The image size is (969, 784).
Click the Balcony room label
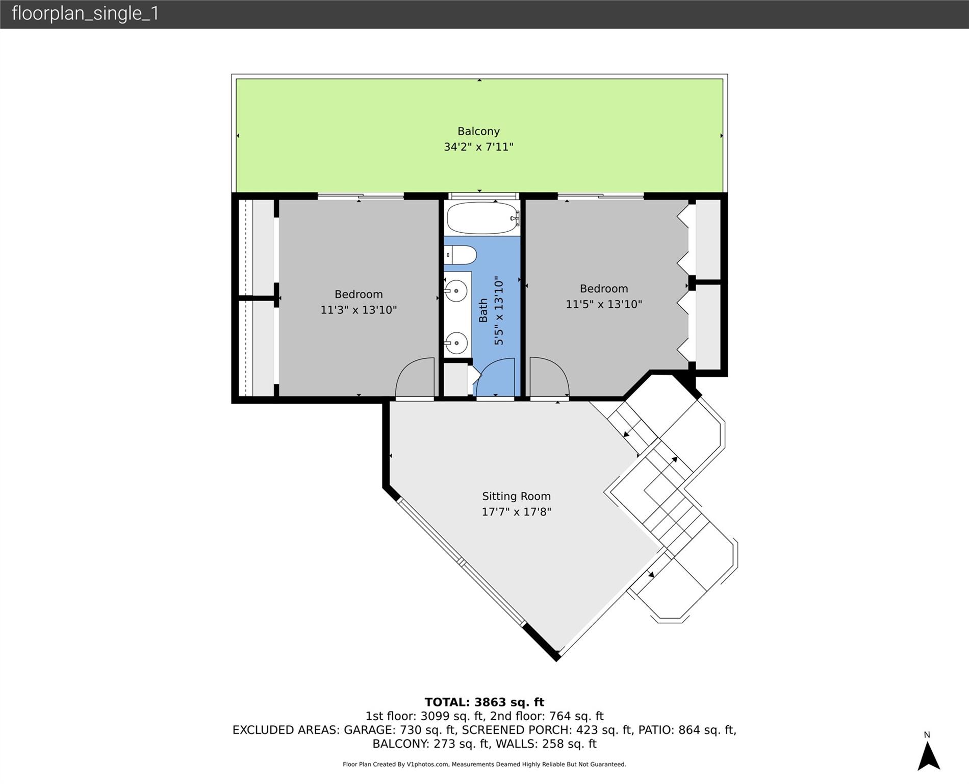pos(478,131)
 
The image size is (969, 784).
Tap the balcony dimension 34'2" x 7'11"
pos(478,147)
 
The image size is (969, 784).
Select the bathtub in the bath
pos(482,218)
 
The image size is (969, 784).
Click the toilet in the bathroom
pos(461,254)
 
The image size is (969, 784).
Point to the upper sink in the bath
pos(455,291)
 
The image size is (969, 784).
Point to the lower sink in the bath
pos(456,342)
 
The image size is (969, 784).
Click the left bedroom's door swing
pos(415,378)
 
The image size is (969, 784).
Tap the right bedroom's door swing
pos(548,378)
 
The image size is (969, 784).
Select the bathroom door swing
pos(495,378)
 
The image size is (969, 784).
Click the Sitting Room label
pos(516,496)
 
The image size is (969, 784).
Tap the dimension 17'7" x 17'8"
pos(516,511)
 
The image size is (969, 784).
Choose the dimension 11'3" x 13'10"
pos(359,310)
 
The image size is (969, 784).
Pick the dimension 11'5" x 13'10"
pos(603,304)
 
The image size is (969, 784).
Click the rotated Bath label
pos(483,310)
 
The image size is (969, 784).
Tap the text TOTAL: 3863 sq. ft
pos(484,702)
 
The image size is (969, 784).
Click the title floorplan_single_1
pos(85,13)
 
